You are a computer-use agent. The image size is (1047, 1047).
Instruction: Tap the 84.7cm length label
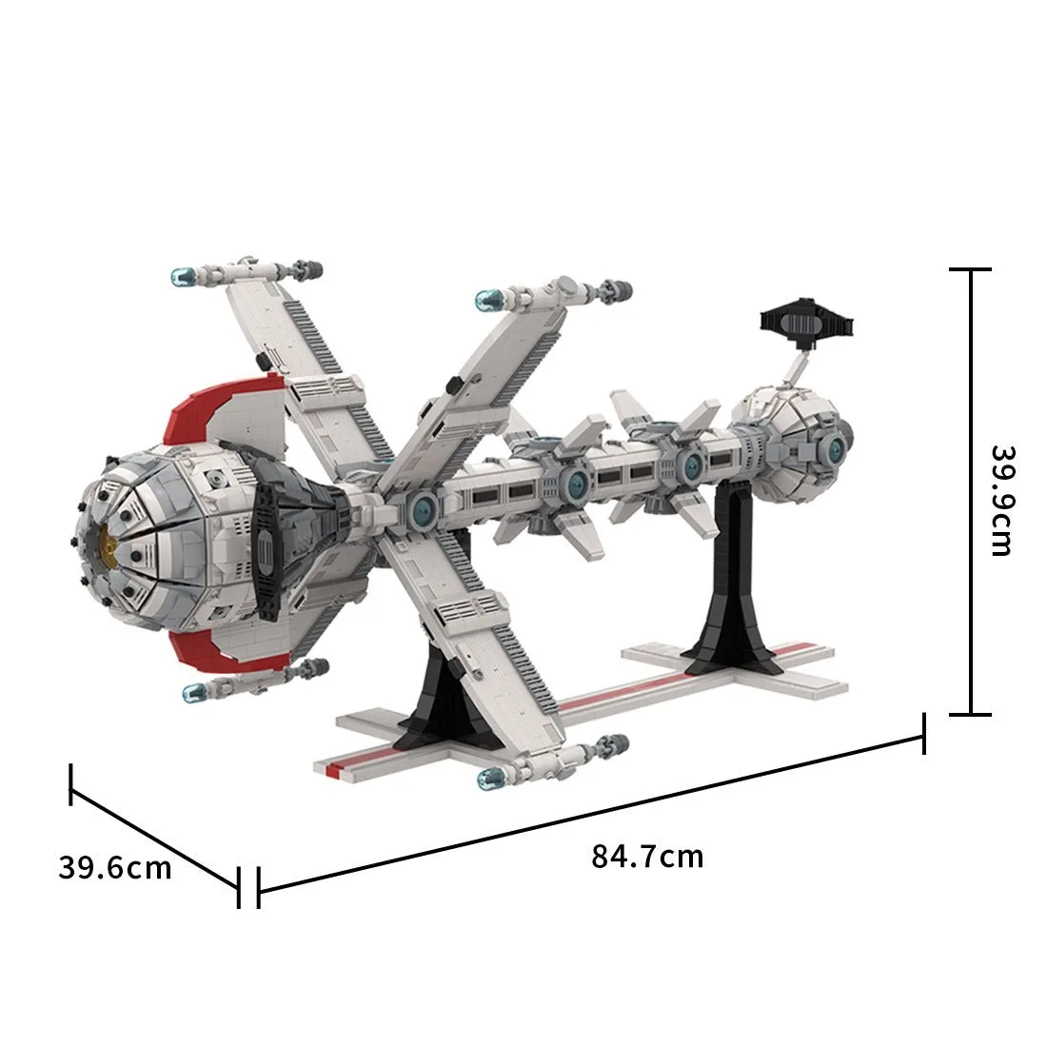647,857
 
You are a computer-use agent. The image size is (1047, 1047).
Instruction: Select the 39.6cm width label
115,867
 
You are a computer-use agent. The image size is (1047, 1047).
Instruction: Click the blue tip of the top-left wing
183,276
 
